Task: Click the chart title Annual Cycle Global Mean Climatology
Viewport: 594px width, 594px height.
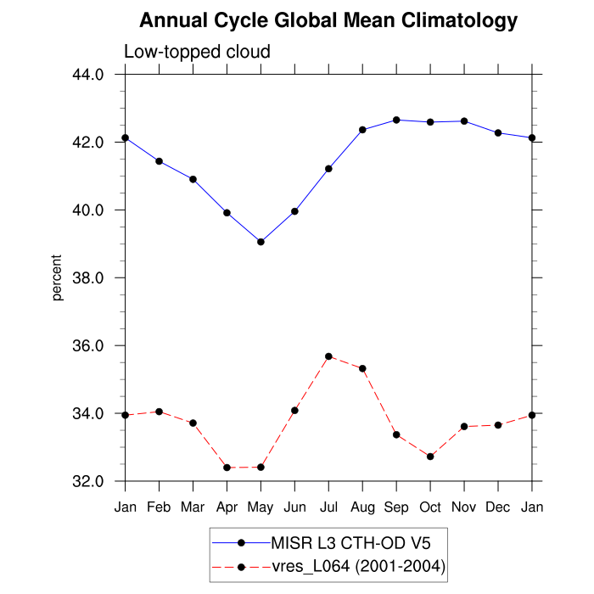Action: (328, 20)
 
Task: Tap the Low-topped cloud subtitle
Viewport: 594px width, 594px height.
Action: (197, 52)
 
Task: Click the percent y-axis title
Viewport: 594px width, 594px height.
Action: (58, 277)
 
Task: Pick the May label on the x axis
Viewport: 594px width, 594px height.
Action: (261, 507)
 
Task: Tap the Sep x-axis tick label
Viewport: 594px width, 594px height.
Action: (396, 507)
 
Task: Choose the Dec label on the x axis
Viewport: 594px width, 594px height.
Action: (498, 507)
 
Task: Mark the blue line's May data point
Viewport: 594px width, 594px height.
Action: (261, 242)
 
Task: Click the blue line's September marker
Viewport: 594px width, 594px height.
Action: (396, 120)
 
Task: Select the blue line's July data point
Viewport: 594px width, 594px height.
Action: (328, 169)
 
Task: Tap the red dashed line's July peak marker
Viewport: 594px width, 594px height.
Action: (328, 356)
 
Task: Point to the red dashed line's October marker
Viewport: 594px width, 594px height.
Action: (430, 457)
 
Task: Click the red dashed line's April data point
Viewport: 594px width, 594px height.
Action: (227, 468)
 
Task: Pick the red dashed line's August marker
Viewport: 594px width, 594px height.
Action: (362, 368)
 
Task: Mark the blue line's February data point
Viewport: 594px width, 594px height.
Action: (159, 161)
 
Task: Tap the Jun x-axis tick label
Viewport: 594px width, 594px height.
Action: (294, 507)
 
